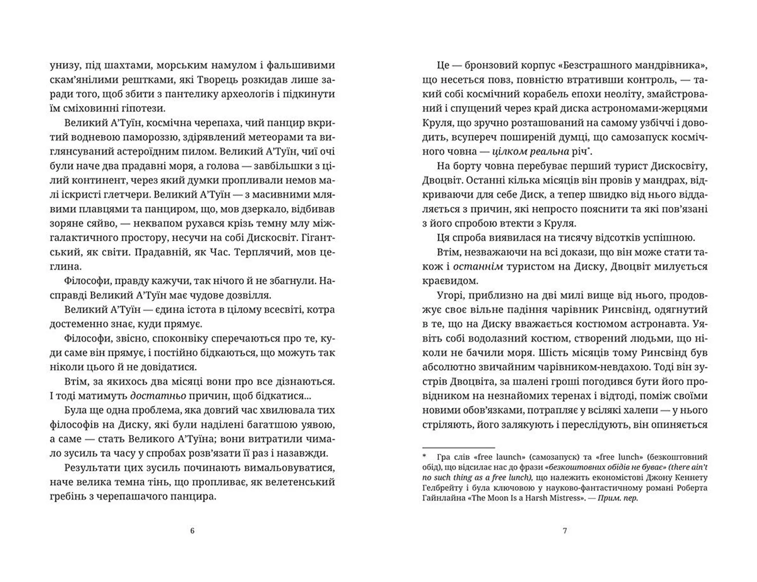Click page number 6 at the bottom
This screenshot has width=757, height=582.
point(192,531)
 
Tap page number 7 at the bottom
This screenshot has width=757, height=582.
point(565,531)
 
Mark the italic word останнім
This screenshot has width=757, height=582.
point(478,267)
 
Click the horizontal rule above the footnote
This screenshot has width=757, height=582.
point(458,448)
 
